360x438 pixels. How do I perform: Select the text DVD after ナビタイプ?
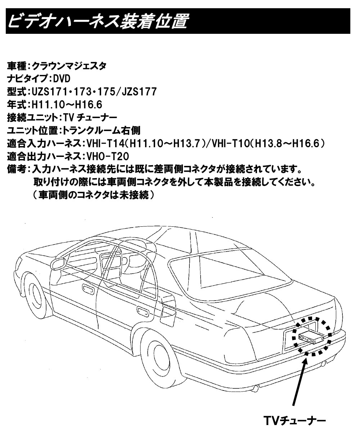(x=62, y=79)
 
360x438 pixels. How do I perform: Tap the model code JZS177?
(x=139, y=91)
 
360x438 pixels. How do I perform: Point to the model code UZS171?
(x=49, y=91)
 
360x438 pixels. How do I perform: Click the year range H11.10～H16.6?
(x=67, y=105)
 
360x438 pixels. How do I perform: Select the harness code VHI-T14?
(x=105, y=144)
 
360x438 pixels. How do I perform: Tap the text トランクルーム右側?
(x=102, y=131)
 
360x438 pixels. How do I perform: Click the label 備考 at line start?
(x=17, y=169)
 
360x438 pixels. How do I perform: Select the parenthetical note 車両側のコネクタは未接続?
(x=94, y=195)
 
